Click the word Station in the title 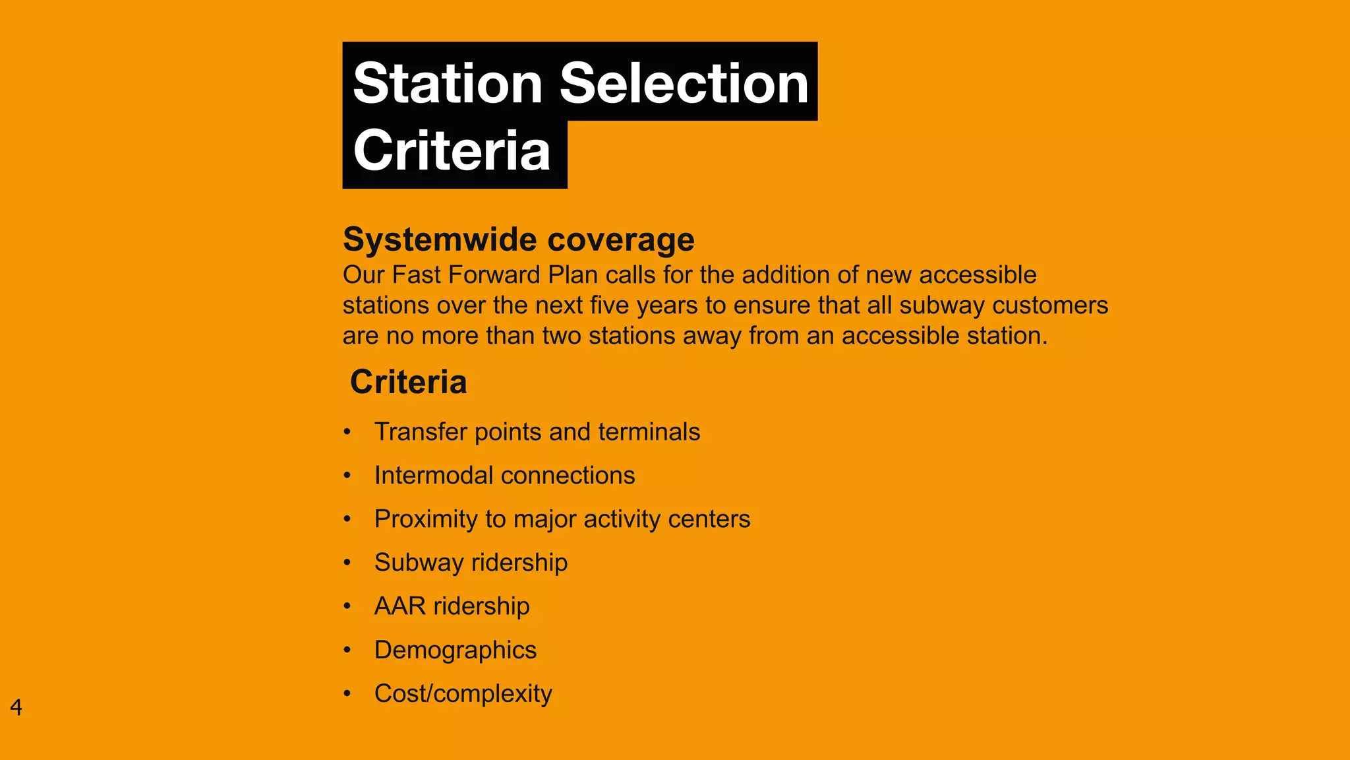pos(448,84)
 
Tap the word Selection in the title pos(684,84)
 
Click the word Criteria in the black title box pos(452,151)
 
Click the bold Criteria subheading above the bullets pos(409,382)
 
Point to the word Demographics pos(455,650)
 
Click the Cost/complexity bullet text pos(463,694)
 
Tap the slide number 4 pos(16,707)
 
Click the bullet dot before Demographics pos(347,650)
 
